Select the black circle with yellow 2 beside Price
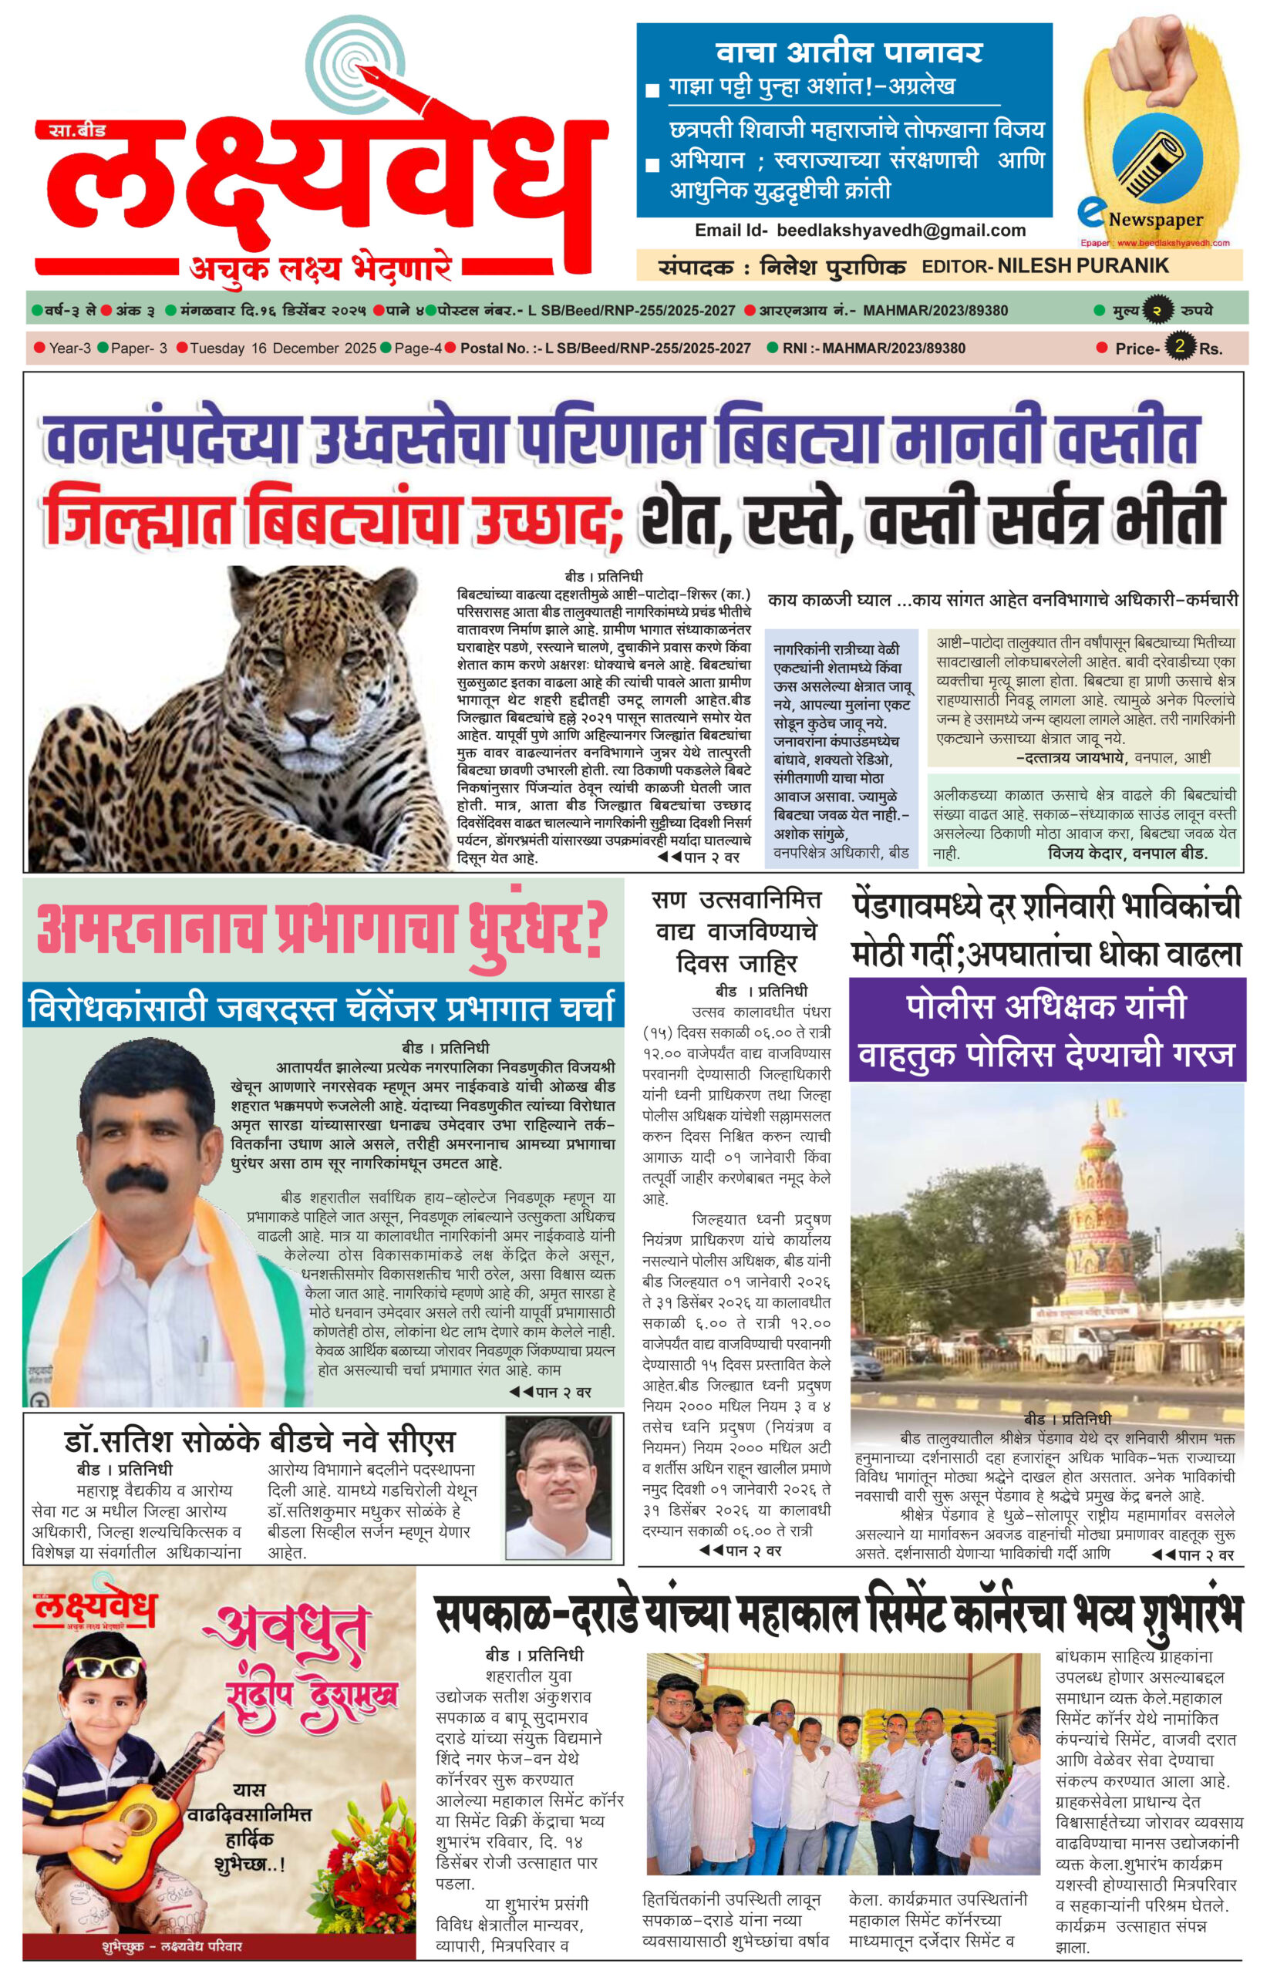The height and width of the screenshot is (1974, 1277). (1178, 345)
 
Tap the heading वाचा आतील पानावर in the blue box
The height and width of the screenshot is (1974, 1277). (849, 53)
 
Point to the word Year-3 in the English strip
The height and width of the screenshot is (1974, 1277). (69, 349)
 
